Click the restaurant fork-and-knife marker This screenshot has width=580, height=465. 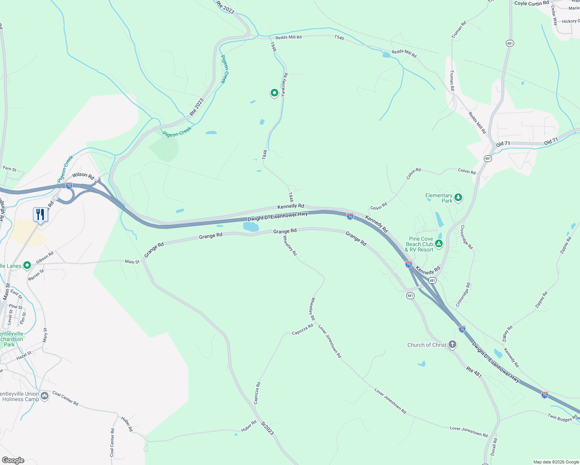[x=40, y=214]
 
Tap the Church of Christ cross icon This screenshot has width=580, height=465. [x=452, y=344]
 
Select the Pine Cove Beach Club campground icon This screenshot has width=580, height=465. [x=438, y=244]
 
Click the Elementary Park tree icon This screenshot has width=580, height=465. [x=458, y=198]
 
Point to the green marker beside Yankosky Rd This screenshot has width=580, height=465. [x=274, y=93]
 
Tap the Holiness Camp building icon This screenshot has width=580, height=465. [x=45, y=396]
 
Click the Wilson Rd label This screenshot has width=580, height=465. [x=83, y=176]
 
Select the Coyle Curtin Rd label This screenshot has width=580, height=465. [x=532, y=3]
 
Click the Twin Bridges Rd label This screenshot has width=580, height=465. [x=563, y=418]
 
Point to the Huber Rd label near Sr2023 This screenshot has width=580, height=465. [x=249, y=426]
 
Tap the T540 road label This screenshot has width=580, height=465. [x=339, y=38]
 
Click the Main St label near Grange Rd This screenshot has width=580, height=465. [x=132, y=262]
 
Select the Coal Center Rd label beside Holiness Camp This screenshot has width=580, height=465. [x=66, y=399]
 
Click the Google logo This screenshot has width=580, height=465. [x=13, y=460]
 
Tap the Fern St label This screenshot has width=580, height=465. [x=10, y=169]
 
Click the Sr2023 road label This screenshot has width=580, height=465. [x=268, y=428]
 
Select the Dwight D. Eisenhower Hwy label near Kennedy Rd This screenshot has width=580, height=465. [x=278, y=217]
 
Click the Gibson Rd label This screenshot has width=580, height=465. [x=45, y=258]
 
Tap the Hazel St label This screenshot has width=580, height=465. [x=24, y=356]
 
